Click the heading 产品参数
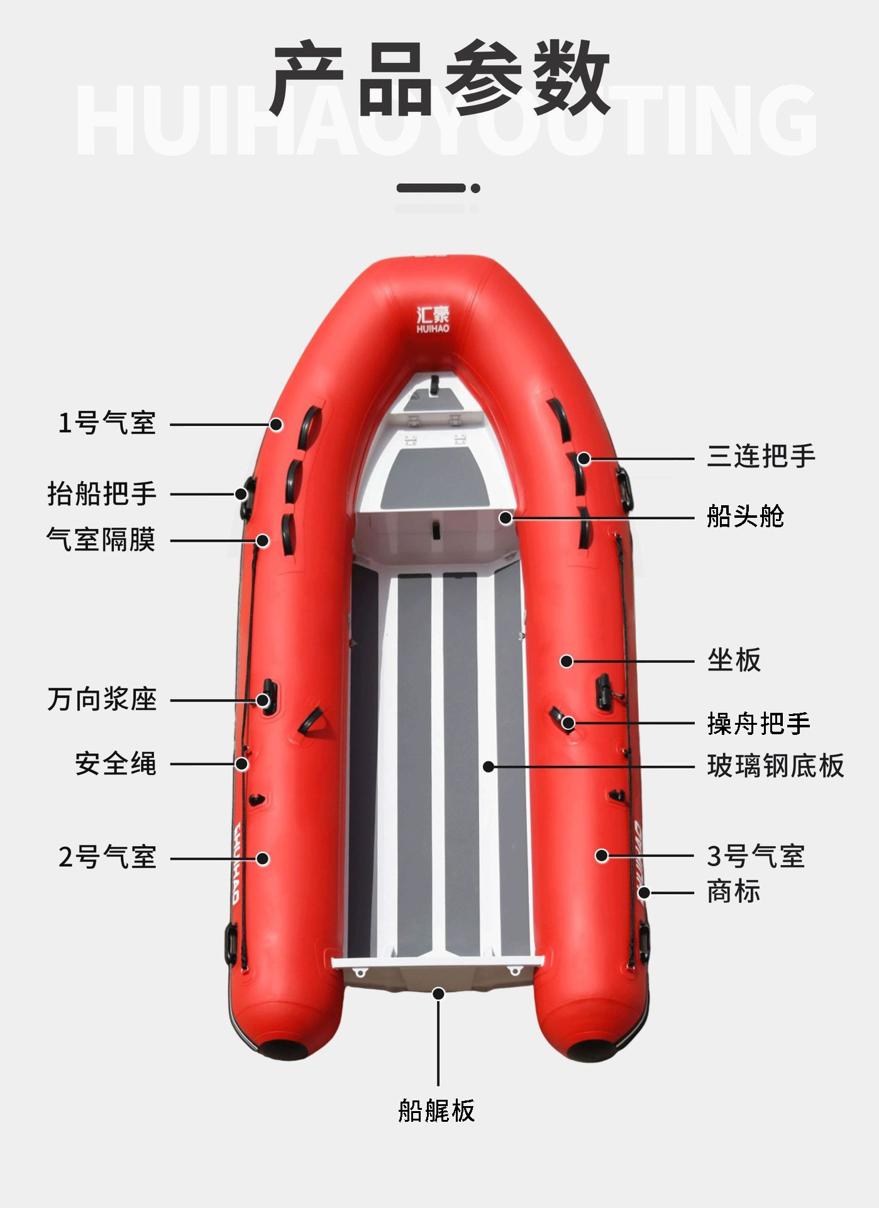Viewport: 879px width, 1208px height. point(440,78)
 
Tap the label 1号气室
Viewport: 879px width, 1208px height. point(107,423)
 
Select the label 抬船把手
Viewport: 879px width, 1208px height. point(102,494)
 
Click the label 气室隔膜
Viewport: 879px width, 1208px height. point(101,540)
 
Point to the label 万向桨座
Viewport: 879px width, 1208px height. point(102,700)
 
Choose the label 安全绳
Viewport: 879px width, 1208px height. point(116,764)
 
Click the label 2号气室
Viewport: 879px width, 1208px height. point(107,857)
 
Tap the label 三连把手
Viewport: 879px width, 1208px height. point(761,456)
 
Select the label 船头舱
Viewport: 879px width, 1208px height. point(746,517)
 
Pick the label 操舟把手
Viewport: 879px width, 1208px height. point(759,724)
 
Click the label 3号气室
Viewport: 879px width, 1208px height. point(756,856)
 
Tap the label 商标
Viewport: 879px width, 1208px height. point(734,892)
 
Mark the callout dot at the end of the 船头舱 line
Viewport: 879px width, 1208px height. point(506,518)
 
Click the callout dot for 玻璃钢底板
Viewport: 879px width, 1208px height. point(489,766)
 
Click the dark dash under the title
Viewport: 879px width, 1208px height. point(432,188)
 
